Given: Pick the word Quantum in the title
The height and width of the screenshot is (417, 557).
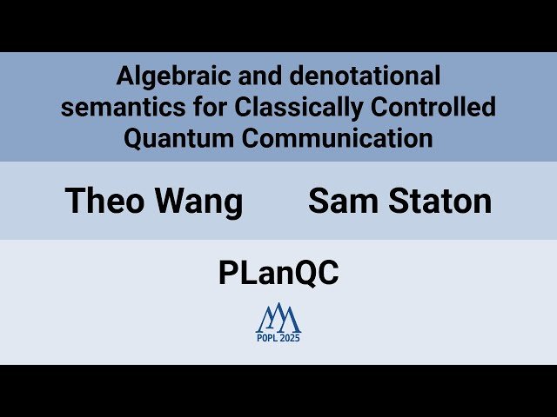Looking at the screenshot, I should pos(171,139).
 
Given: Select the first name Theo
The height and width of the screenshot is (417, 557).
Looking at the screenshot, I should pos(105,202).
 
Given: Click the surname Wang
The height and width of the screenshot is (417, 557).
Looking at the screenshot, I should pos(199,202).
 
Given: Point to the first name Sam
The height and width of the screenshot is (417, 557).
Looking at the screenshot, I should pos(340,202).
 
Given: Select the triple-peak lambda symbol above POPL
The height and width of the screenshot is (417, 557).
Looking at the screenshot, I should pos(278,317).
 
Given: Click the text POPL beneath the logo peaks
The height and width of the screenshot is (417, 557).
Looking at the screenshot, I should pos(267,338).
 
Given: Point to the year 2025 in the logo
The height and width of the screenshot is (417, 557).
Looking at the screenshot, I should pos(290,338).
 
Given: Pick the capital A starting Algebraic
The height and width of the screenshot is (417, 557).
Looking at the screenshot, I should pos(124,77).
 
